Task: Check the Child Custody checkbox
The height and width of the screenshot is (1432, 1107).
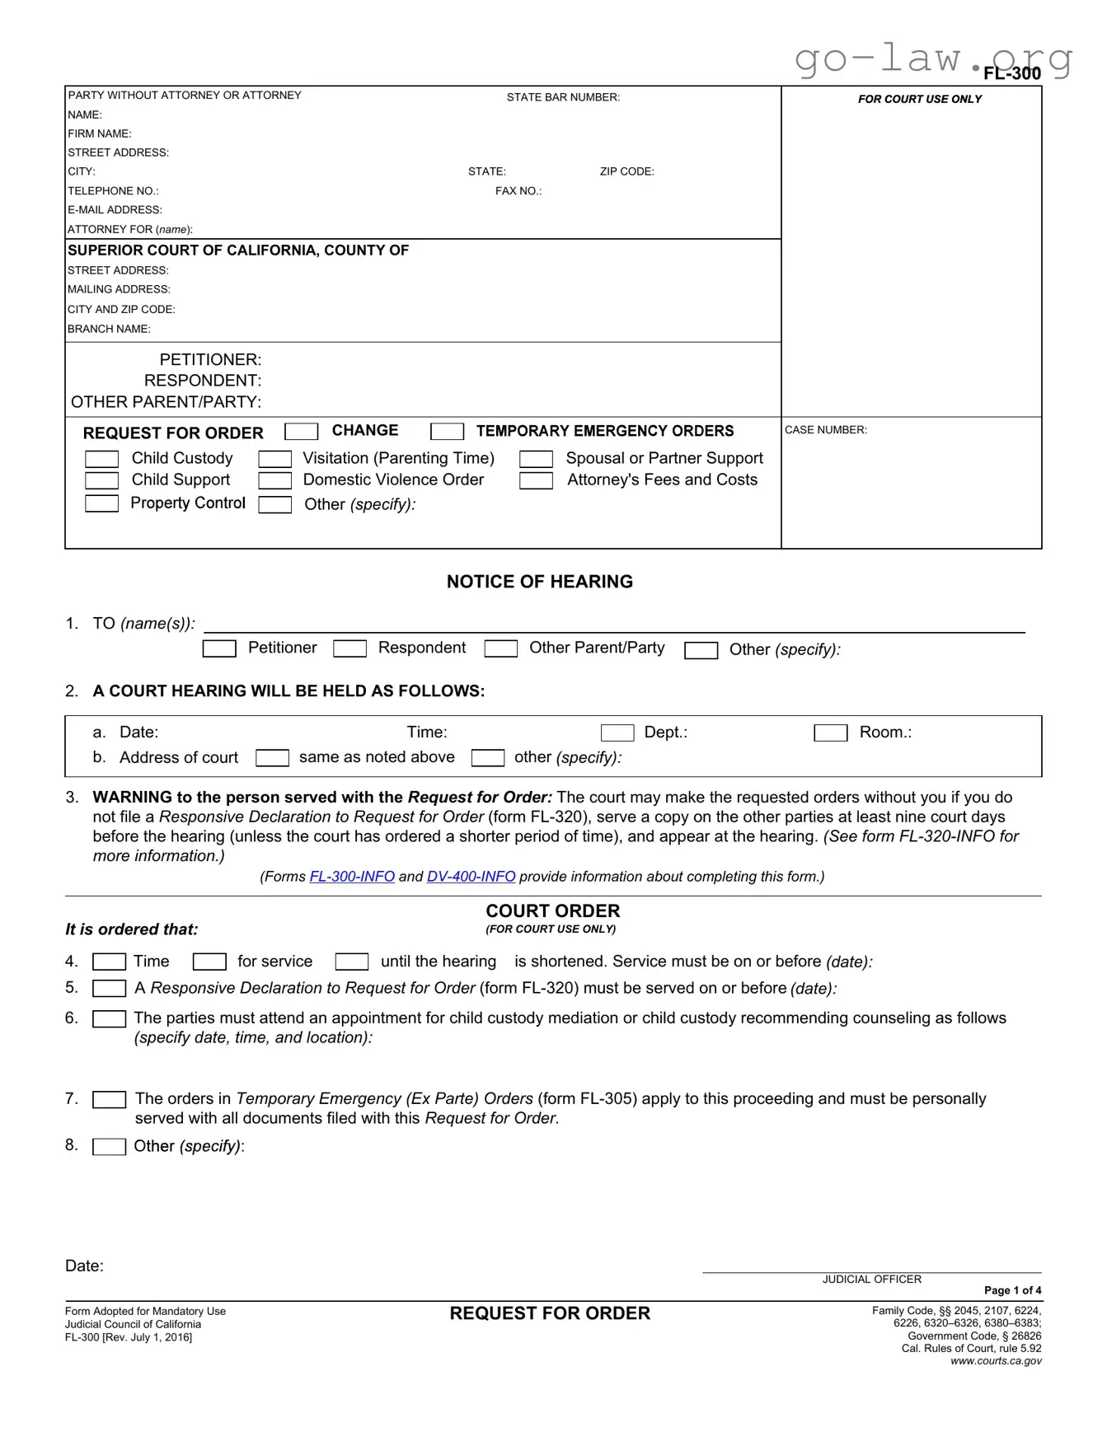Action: pos(101,459)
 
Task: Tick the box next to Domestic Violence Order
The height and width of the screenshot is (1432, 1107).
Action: pos(274,480)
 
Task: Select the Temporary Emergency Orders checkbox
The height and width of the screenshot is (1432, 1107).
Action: pos(447,432)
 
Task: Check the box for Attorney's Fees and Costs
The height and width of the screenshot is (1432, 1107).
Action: pos(536,480)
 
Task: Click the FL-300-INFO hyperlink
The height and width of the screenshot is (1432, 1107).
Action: pos(352,877)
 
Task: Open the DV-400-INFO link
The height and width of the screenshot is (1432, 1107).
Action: pos(471,877)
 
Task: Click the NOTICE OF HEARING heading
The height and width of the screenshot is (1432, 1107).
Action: pos(540,582)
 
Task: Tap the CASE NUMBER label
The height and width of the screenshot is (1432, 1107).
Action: pos(825,430)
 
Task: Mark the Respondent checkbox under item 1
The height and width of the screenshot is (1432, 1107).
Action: pos(349,649)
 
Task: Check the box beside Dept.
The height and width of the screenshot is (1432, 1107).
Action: pos(617,733)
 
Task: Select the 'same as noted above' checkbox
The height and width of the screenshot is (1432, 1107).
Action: pos(272,758)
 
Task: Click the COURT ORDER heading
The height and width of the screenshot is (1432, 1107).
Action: pos(552,911)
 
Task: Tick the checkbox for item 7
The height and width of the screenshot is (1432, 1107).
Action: pos(109,1100)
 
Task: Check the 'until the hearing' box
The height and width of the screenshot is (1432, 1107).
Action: pos(352,962)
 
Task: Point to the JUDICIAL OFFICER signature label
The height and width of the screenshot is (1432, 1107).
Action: pos(871,1280)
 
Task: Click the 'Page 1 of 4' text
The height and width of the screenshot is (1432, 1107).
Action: pos(1012,1290)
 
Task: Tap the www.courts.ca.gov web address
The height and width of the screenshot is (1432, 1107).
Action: pos(996,1361)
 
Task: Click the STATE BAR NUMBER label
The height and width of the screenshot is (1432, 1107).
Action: pos(563,97)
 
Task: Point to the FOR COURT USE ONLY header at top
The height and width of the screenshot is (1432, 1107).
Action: pos(919,99)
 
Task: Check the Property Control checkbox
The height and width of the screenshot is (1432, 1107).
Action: pos(101,503)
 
